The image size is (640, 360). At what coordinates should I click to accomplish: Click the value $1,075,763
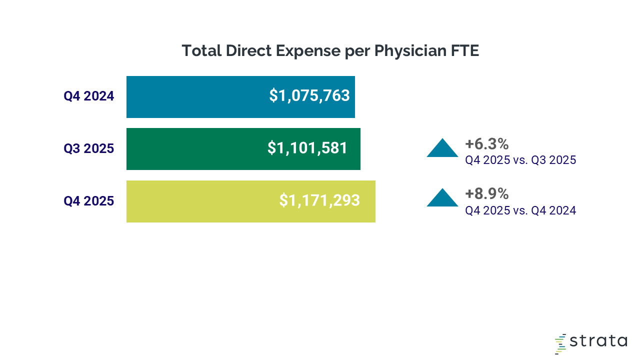309,95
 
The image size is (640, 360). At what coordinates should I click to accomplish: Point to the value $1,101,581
307,148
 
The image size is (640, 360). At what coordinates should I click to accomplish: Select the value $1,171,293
319,200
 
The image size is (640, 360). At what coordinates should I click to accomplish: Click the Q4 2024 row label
89,96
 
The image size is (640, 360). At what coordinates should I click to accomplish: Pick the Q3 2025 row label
89,148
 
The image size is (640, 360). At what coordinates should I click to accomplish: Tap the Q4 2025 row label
89,201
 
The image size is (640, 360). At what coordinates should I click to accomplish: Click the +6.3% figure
486,144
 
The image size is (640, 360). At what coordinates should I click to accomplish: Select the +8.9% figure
486,194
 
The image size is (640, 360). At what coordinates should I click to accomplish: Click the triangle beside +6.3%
442,148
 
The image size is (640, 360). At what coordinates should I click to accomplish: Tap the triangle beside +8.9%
442,198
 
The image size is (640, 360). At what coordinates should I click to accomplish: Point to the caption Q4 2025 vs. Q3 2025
520,160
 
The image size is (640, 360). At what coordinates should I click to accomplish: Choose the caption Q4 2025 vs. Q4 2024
520,210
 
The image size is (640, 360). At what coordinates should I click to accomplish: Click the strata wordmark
598,341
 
